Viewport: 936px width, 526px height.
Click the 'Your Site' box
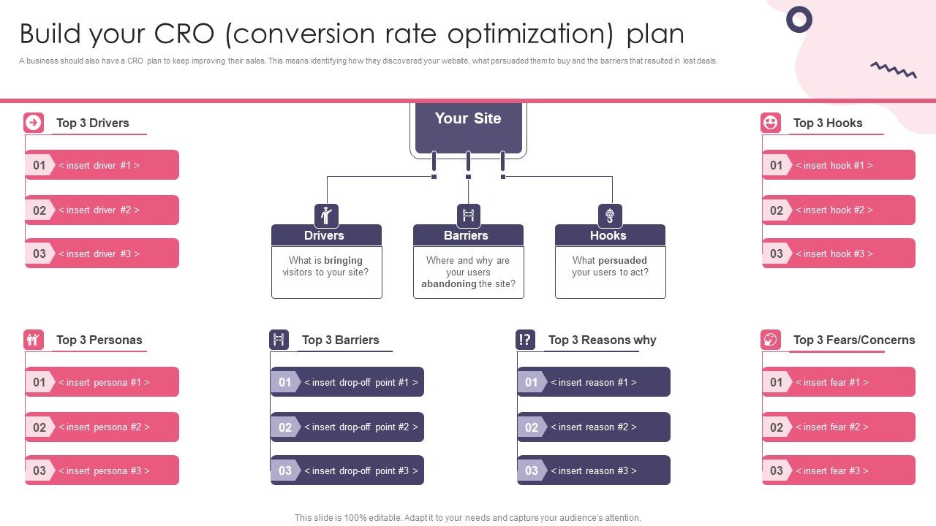point(468,127)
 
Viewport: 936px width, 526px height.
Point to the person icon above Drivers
point(326,216)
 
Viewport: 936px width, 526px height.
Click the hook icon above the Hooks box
point(610,216)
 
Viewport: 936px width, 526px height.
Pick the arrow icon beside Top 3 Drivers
point(34,123)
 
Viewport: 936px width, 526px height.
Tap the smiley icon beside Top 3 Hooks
point(771,123)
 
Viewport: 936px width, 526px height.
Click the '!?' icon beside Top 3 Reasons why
point(525,340)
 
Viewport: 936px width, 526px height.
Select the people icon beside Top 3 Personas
point(34,340)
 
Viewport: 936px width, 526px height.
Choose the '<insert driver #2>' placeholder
point(99,210)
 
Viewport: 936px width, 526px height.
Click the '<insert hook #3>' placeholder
point(834,254)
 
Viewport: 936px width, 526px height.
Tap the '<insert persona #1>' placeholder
point(104,382)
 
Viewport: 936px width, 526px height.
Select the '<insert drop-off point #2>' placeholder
point(361,427)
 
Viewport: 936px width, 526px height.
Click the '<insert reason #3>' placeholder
point(593,470)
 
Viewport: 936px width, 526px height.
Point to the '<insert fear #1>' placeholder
point(832,382)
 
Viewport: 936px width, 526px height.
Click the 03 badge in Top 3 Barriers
point(285,470)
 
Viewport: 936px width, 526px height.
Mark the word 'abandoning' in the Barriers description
point(449,284)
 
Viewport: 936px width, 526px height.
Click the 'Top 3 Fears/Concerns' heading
point(854,340)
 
